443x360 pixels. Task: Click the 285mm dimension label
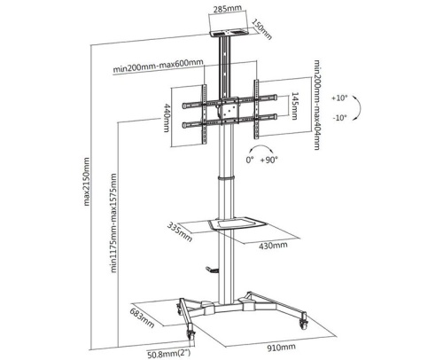click(x=228, y=9)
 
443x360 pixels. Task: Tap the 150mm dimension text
click(x=261, y=29)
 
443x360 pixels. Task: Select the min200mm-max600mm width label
click(x=158, y=67)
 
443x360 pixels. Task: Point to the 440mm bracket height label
click(x=167, y=118)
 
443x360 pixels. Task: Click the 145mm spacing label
click(x=295, y=106)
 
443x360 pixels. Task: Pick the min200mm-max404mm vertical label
click(x=316, y=105)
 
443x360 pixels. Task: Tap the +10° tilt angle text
click(x=339, y=98)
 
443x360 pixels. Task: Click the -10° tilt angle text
click(x=339, y=118)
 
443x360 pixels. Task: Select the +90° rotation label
click(x=269, y=160)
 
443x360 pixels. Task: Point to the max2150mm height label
click(x=86, y=182)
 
